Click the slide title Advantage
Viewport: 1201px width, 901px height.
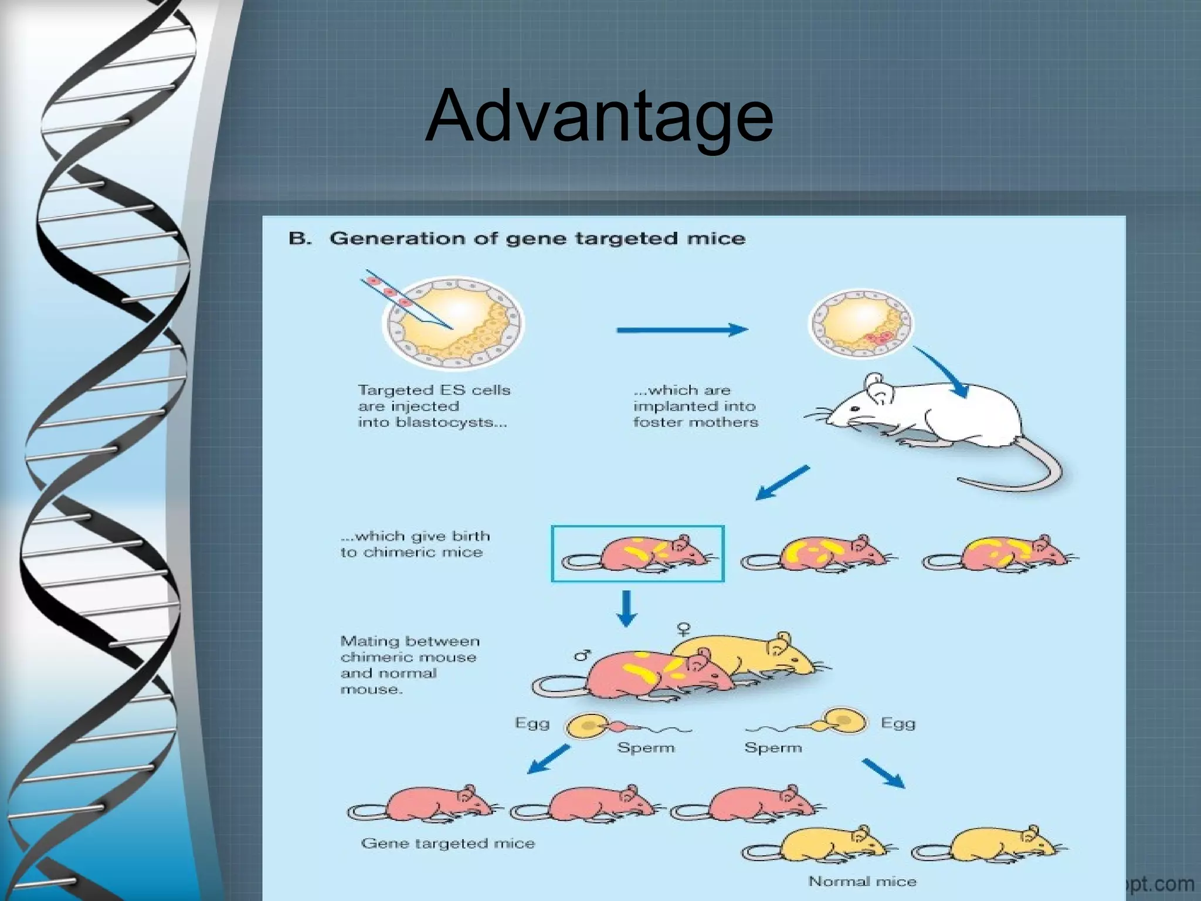pos(599,116)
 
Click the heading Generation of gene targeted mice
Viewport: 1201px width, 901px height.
pos(537,239)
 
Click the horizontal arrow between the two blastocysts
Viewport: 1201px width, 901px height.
pos(682,330)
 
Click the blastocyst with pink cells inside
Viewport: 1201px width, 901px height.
pos(860,323)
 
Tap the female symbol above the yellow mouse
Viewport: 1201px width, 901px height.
pos(683,628)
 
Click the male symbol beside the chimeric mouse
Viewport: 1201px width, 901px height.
pos(582,655)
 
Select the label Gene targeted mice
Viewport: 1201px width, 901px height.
pos(448,844)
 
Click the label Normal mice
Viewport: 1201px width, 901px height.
pos(862,881)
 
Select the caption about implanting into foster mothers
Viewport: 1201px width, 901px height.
pos(696,406)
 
